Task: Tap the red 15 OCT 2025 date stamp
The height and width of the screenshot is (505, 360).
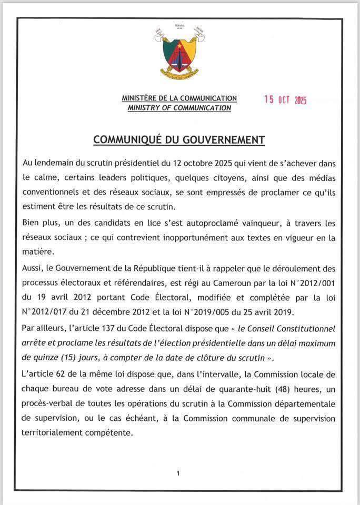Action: (x=285, y=100)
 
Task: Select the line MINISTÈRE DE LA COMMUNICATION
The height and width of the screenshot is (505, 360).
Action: (x=179, y=98)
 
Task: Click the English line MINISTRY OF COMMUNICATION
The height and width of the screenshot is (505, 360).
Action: (x=179, y=108)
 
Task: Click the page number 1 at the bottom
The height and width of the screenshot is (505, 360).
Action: (x=178, y=473)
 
